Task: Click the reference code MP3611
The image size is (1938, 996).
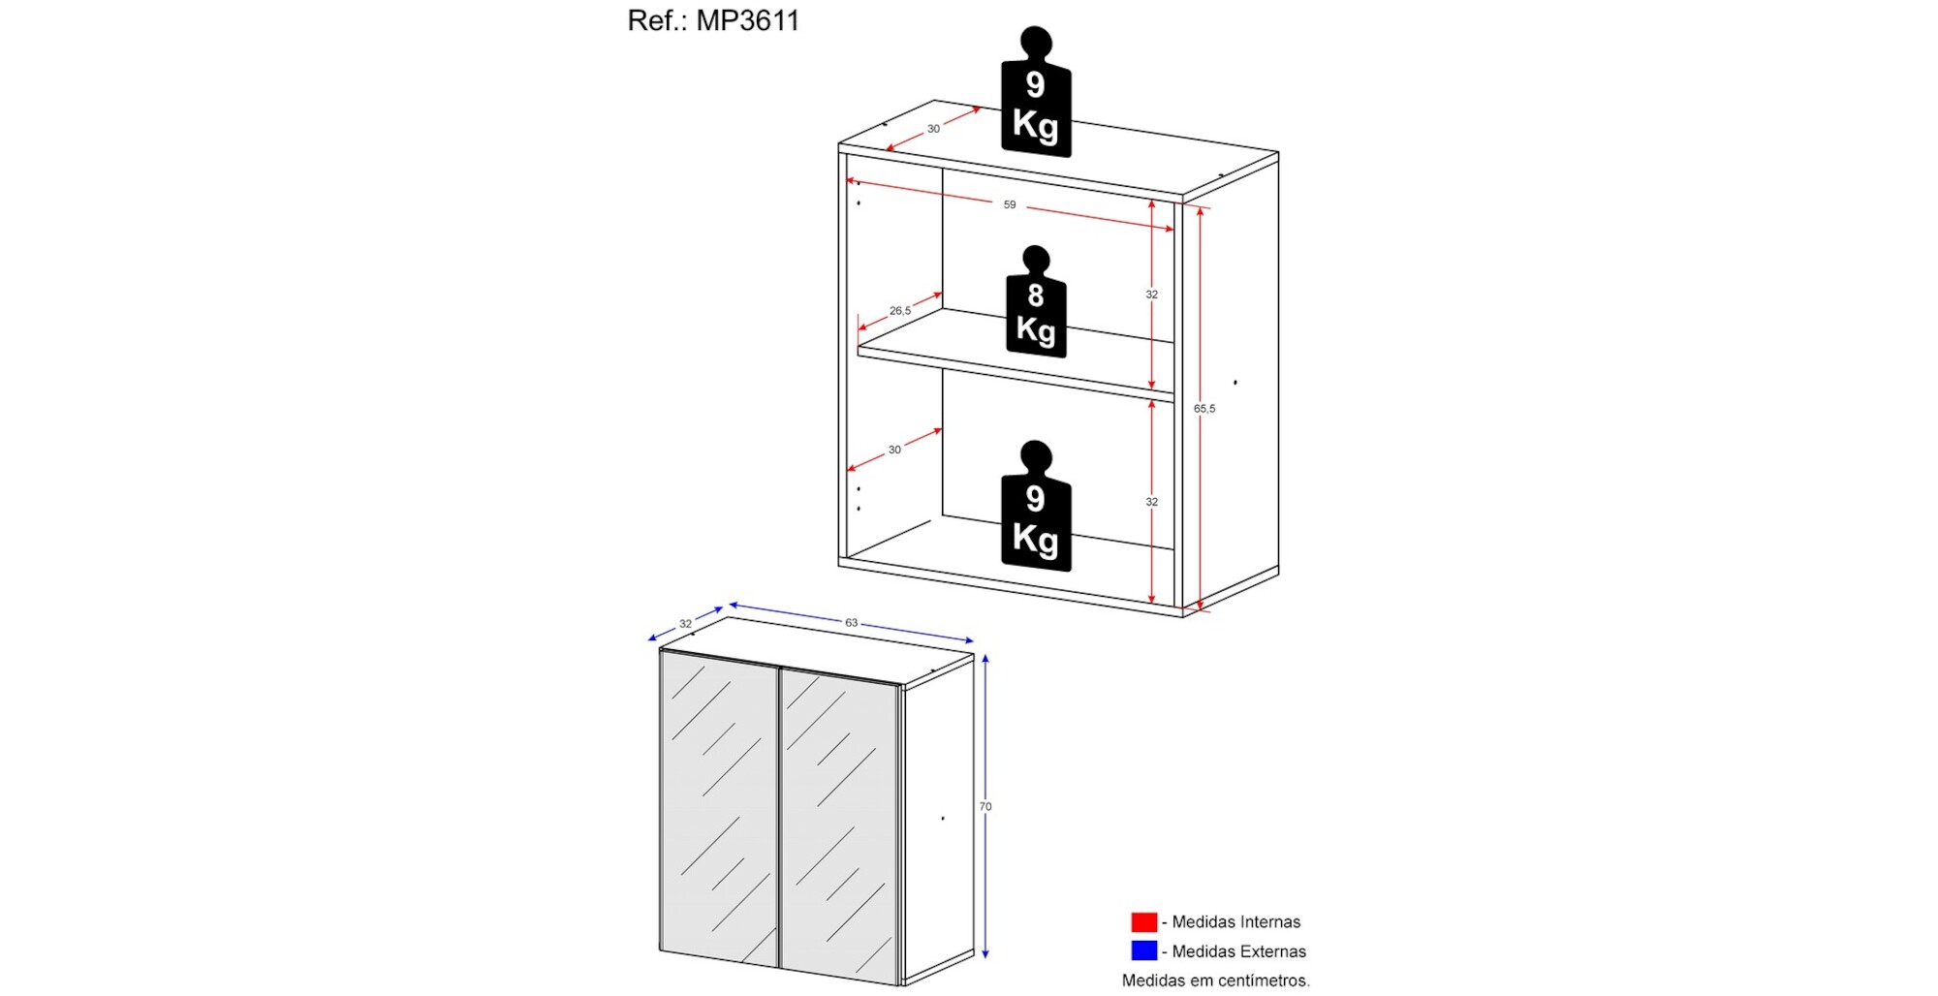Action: coord(748,20)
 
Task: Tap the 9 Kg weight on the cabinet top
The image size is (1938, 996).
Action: coord(1036,92)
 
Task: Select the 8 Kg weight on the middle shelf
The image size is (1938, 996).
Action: coord(1036,301)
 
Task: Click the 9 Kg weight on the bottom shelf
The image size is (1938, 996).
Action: coord(1036,506)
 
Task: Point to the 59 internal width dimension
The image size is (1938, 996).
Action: coord(1010,204)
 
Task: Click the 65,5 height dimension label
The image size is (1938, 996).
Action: coord(1204,409)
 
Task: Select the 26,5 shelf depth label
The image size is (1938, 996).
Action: coord(900,311)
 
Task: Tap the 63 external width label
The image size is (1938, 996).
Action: coord(851,623)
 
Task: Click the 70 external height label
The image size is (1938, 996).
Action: coord(985,806)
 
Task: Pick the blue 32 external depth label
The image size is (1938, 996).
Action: coord(685,624)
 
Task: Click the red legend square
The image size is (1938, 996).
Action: coord(1143,921)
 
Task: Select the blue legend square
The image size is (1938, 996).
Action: coord(1143,950)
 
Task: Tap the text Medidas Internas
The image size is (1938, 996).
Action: coord(1236,921)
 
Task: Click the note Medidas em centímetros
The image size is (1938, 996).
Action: coord(1216,980)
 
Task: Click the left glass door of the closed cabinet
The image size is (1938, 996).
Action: coord(719,808)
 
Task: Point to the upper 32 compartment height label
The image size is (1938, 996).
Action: coord(1151,295)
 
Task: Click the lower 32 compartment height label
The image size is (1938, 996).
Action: coord(1151,502)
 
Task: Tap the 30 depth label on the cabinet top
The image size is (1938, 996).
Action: coord(933,129)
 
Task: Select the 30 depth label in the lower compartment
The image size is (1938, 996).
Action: coord(894,450)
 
